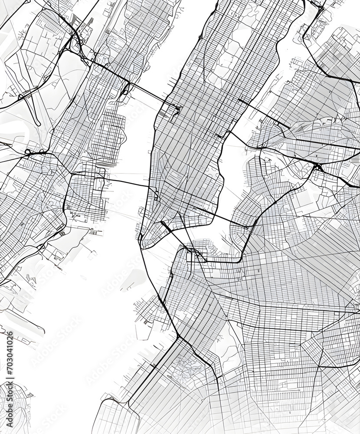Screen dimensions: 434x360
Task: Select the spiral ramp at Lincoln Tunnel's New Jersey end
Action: click(x=126, y=89)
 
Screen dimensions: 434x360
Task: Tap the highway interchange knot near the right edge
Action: click(x=319, y=167)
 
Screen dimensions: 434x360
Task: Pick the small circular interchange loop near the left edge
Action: click(x=29, y=152)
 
